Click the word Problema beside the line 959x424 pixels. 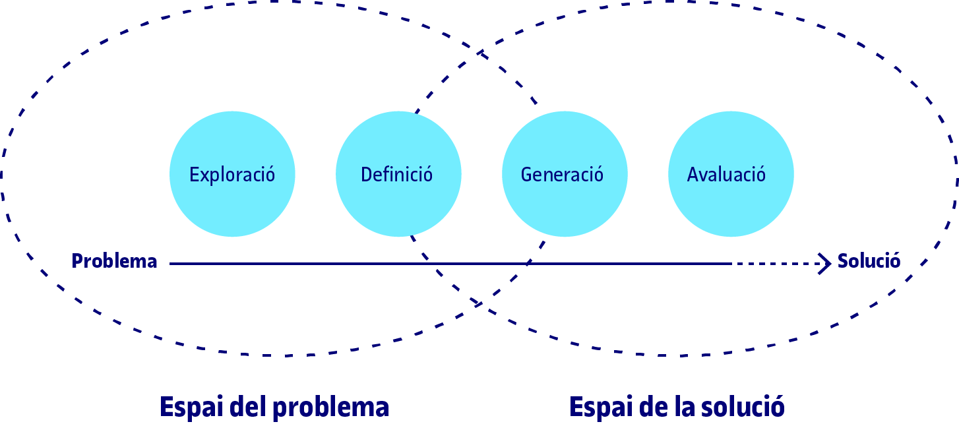[115, 262]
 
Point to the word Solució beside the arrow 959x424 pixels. [869, 261]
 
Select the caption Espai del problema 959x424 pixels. [274, 408]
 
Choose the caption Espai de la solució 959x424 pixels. [677, 408]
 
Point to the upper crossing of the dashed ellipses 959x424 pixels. [479, 52]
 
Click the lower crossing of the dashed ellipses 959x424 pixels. [479, 304]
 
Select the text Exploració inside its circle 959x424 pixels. [232, 175]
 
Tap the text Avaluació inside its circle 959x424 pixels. [726, 175]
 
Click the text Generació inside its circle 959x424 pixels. [562, 175]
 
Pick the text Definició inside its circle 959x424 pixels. [396, 175]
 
